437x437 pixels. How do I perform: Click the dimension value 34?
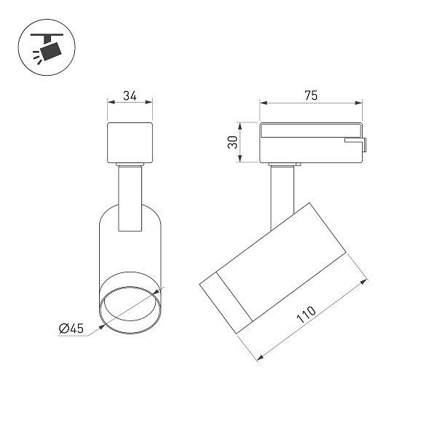[x=130, y=95]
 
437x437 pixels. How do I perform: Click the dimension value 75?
[x=311, y=95]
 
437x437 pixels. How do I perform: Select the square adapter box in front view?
[x=130, y=143]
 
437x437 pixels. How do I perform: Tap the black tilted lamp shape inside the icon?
[x=50, y=52]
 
